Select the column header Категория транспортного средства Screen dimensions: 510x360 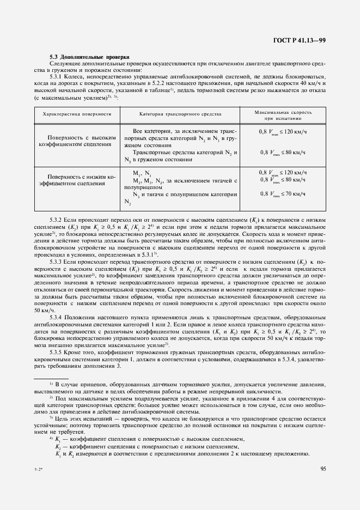(x=180, y=114)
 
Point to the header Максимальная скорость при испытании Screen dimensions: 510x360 (x=283, y=114)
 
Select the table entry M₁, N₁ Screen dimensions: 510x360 (x=141, y=173)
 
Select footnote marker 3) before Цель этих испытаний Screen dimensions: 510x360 (x=51, y=418)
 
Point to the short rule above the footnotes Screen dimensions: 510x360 (x=51, y=378)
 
